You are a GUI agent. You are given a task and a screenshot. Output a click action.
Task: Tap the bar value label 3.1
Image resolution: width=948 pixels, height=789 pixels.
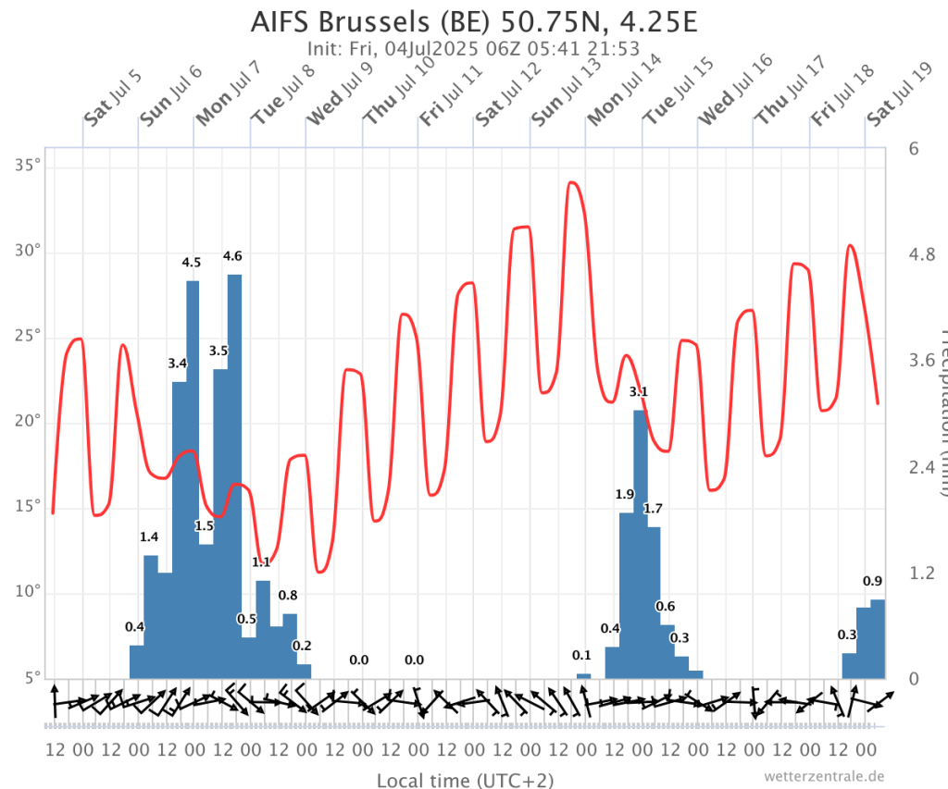pyautogui.click(x=638, y=392)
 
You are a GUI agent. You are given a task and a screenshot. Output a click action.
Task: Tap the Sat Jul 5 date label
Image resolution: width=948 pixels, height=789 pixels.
pyautogui.click(x=113, y=97)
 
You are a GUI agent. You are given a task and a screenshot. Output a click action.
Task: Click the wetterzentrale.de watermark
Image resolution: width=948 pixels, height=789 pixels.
pyautogui.click(x=825, y=775)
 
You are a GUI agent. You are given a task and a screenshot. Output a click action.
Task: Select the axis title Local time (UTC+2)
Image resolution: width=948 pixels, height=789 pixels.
pyautogui.click(x=465, y=781)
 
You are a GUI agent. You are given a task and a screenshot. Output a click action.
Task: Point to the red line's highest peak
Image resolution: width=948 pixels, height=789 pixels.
pyautogui.click(x=572, y=183)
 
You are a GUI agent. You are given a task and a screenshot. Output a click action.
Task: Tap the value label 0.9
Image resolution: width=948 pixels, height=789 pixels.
pyautogui.click(x=872, y=581)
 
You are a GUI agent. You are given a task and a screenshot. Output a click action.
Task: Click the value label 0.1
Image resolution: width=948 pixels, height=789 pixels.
pyautogui.click(x=581, y=655)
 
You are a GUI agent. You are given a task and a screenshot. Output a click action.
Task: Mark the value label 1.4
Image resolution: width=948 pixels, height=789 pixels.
pyautogui.click(x=149, y=536)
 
